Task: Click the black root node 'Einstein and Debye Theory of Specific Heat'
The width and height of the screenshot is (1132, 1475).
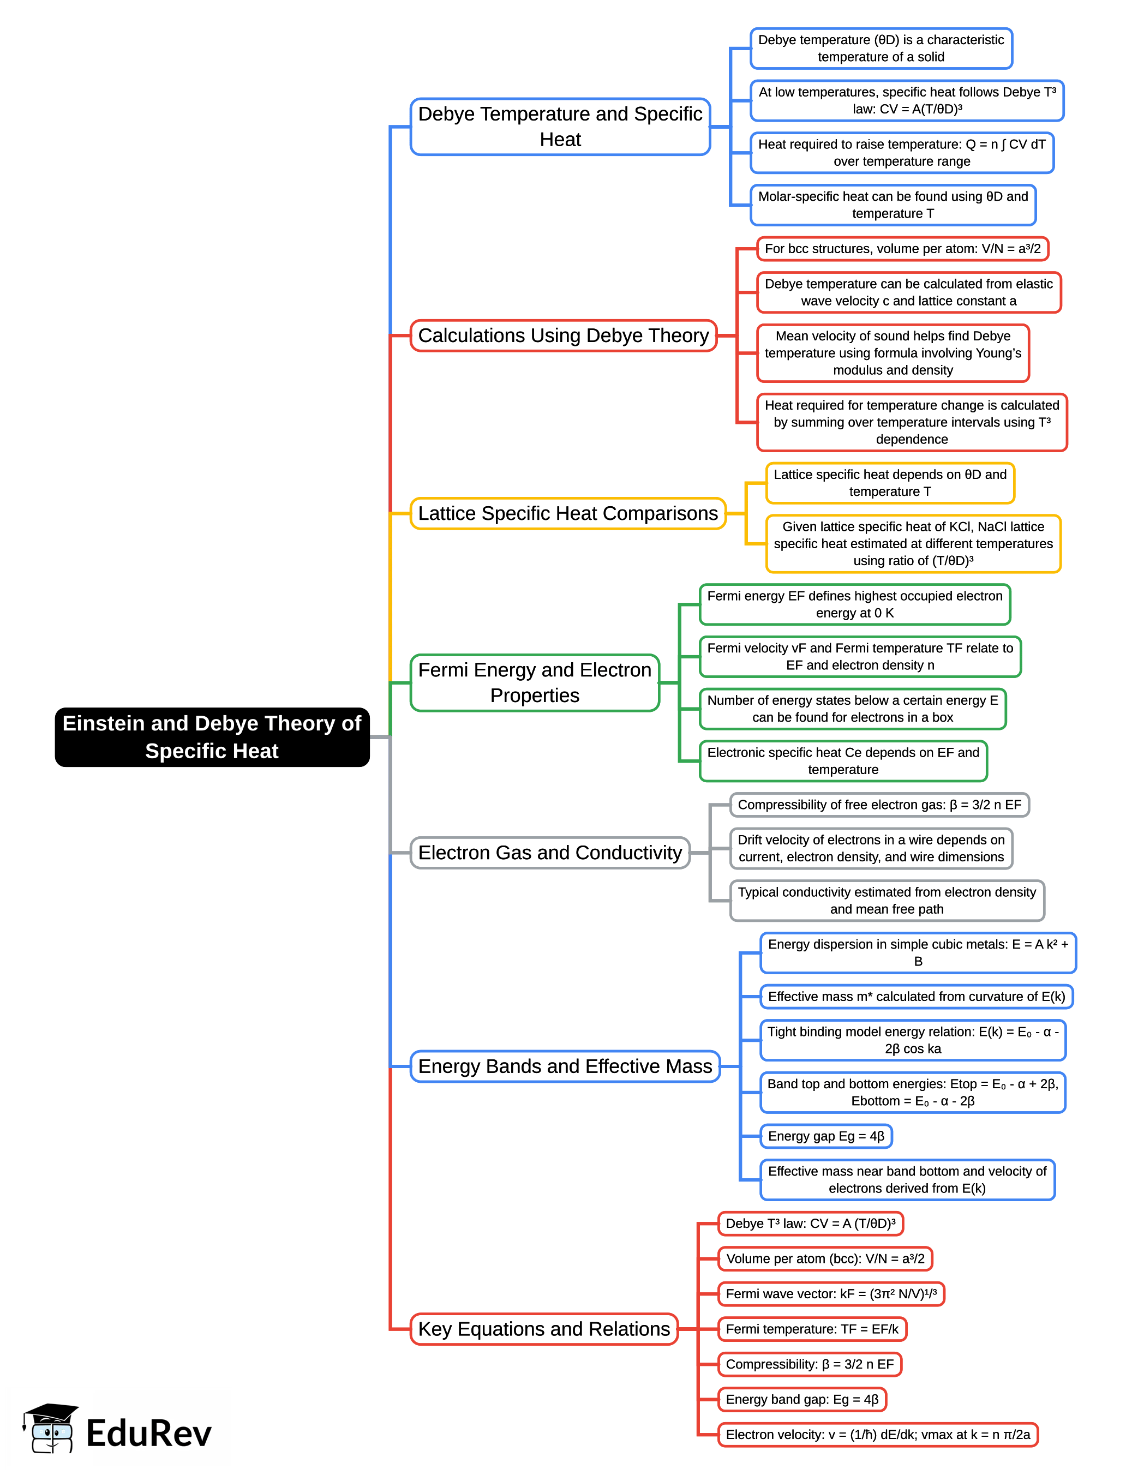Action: (x=212, y=736)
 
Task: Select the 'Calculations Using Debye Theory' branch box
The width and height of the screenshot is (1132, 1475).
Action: (x=564, y=335)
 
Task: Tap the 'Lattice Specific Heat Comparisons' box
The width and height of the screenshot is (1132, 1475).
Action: (x=567, y=513)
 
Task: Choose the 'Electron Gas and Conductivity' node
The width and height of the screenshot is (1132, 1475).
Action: (x=550, y=853)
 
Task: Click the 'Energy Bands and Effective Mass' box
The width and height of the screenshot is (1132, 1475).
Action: (x=565, y=1066)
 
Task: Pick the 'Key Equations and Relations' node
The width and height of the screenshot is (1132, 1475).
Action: (x=544, y=1329)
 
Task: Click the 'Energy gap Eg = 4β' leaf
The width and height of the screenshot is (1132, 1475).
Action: (x=825, y=1136)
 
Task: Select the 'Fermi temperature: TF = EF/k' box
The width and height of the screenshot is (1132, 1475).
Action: (x=812, y=1329)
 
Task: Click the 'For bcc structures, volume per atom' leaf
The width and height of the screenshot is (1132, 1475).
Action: (x=902, y=249)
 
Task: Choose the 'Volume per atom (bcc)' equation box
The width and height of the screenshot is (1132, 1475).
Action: (x=825, y=1258)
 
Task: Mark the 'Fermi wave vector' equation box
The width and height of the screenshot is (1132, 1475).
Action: (x=831, y=1294)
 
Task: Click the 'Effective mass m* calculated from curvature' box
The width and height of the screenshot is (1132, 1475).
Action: (x=916, y=997)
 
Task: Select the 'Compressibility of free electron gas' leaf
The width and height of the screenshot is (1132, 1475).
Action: (x=879, y=805)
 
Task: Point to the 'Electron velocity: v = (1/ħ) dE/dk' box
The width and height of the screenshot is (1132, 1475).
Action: (x=877, y=1434)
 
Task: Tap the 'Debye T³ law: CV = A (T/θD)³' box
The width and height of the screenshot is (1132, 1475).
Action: (x=811, y=1224)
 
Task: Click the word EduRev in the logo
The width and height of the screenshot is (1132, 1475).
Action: (x=148, y=1433)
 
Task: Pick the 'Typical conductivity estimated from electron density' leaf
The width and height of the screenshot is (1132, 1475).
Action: (x=887, y=900)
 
